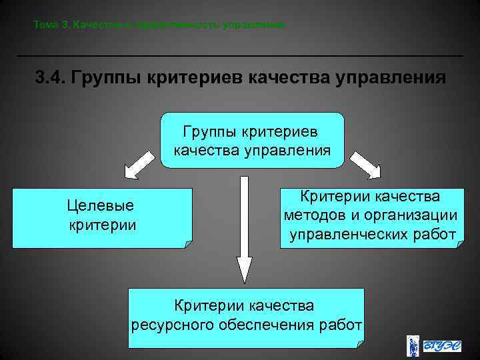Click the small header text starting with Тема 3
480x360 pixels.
point(160,25)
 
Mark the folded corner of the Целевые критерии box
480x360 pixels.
point(189,243)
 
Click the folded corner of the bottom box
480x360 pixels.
point(360,343)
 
